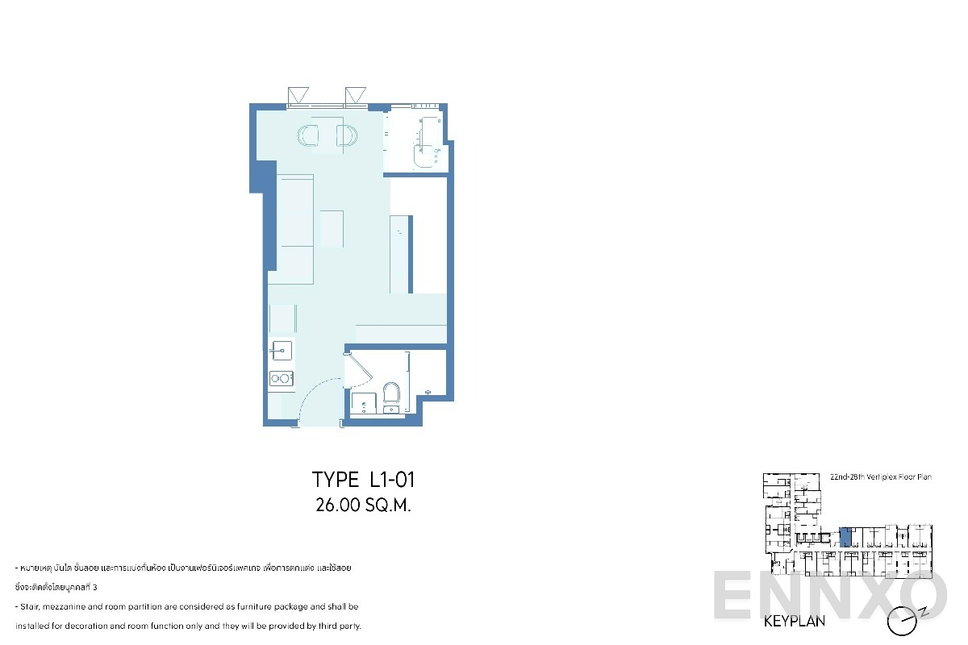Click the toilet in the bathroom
click(392, 393)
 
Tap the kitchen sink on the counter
click(282, 350)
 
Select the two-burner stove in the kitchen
click(282, 377)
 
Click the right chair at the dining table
click(347, 136)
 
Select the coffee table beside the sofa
click(332, 228)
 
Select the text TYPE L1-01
click(363, 481)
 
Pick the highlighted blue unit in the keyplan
click(845, 537)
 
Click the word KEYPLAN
click(794, 622)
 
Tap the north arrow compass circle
click(902, 622)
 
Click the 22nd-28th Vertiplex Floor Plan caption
click(880, 477)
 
